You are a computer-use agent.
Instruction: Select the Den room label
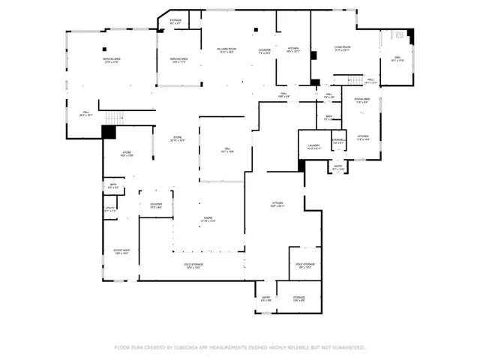(x=397, y=61)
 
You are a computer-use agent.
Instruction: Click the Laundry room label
(x=314, y=147)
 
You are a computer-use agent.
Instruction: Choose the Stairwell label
(x=339, y=141)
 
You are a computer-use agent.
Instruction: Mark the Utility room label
(x=110, y=211)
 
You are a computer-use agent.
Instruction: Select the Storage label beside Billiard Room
(x=175, y=22)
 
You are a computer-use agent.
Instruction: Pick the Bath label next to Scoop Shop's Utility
(x=112, y=187)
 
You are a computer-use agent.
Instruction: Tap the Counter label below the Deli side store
(x=156, y=205)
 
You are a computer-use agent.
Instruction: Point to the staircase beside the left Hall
(x=112, y=117)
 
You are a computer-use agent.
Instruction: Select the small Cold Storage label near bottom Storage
(x=304, y=265)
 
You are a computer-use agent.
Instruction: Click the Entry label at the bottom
(x=265, y=298)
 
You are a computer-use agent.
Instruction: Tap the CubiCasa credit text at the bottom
(x=239, y=347)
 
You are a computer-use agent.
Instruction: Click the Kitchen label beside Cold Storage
(x=277, y=205)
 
